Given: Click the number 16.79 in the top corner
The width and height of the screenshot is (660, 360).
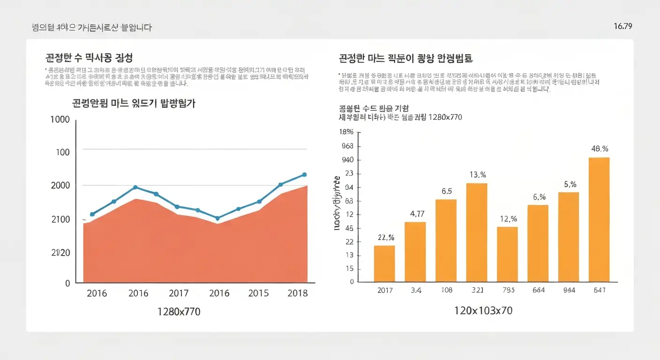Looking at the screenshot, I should [622, 26].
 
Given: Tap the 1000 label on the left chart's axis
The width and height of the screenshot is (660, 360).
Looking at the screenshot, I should [60, 120].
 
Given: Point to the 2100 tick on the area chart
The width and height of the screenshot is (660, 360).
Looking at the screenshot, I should [60, 219].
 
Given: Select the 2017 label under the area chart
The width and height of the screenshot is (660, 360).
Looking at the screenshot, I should [178, 293].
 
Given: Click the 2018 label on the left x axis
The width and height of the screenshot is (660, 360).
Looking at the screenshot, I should [298, 293].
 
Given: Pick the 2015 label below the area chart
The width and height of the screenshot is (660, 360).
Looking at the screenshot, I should [258, 293].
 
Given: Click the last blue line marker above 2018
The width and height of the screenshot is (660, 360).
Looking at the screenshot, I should [304, 174].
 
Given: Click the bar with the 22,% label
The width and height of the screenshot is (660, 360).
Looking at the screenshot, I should [384, 263].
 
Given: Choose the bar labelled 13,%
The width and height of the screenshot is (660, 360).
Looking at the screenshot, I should [477, 232].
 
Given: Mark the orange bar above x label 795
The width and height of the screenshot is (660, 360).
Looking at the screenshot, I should [507, 254].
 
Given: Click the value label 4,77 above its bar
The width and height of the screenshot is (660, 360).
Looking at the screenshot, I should [417, 214].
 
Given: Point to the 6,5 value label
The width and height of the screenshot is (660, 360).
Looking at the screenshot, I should [446, 191].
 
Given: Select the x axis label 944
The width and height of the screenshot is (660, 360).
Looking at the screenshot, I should [569, 290].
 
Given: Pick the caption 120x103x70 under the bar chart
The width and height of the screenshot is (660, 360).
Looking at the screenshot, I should [483, 311].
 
